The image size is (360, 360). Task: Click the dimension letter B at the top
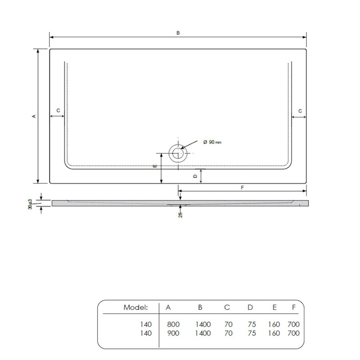(178, 33)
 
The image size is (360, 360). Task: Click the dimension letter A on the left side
(34, 116)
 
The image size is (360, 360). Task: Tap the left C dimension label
(58, 110)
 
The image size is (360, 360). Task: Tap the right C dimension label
(300, 110)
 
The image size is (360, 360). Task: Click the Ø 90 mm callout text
(212, 142)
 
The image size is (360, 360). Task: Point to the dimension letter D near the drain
(195, 176)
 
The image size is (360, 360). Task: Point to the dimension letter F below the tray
(242, 187)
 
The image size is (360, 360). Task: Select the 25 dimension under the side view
(180, 215)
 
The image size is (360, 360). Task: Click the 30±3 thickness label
(31, 205)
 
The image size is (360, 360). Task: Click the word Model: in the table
(136, 307)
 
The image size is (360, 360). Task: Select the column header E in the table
(274, 307)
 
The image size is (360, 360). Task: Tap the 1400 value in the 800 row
(203, 324)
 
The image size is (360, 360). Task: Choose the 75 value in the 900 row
(251, 333)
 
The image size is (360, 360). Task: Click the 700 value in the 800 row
(293, 324)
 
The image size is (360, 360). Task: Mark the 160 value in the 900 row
(274, 333)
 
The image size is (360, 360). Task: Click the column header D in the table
(250, 307)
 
